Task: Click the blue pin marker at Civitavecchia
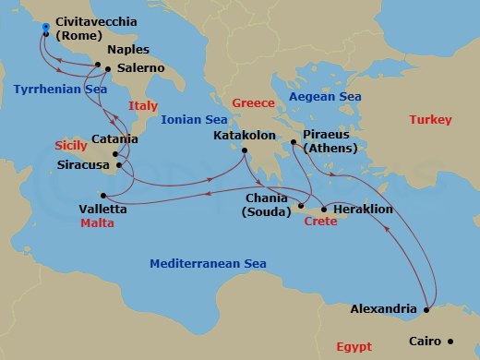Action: [x=45, y=29]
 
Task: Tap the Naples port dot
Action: [x=98, y=65]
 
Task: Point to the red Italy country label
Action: [x=144, y=105]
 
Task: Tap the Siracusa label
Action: [x=84, y=165]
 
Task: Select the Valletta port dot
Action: [x=103, y=195]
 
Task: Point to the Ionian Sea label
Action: [x=194, y=119]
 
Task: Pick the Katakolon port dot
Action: [x=245, y=150]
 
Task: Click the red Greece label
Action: [x=253, y=102]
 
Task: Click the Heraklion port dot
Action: [x=323, y=210]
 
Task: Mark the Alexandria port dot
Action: [x=425, y=309]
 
